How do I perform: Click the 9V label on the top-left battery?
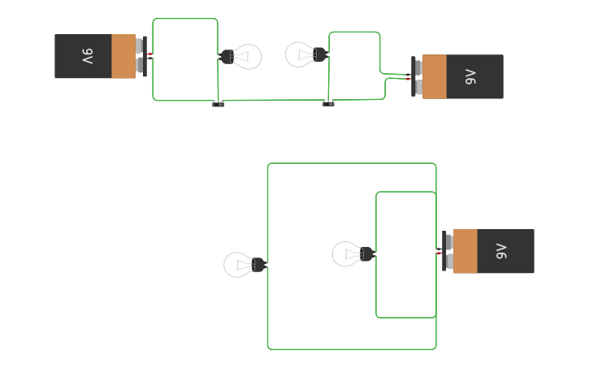point(87,56)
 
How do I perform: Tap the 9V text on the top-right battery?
point(470,77)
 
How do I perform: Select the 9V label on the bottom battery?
point(501,251)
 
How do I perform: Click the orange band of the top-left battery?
point(123,56)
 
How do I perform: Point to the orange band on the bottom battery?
point(466,251)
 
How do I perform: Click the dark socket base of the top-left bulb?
point(227,56)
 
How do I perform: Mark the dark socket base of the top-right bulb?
point(319,54)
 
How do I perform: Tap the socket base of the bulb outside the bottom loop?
point(258,265)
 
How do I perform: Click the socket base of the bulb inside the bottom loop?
point(366,254)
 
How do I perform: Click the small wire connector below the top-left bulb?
point(218,103)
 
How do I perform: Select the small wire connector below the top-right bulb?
point(328,103)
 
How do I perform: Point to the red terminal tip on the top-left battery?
point(150,54)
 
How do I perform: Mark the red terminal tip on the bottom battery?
point(440,253)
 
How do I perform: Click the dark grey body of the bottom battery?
point(512,251)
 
